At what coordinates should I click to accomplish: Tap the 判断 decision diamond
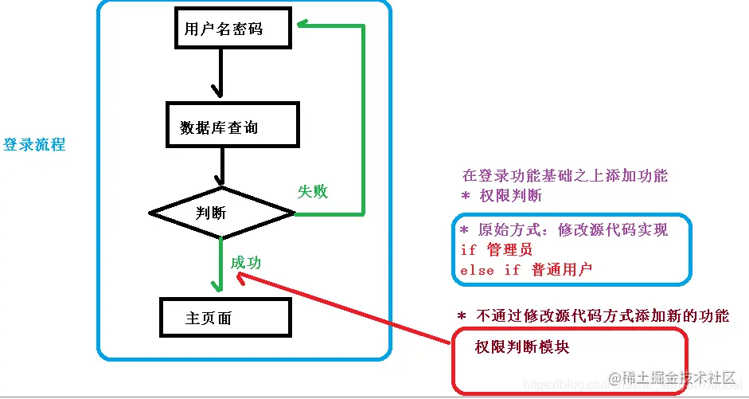coord(222,213)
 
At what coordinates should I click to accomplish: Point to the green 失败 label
coord(313,191)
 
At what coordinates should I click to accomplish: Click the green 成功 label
coord(246,263)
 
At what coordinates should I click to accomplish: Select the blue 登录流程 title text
coord(34,145)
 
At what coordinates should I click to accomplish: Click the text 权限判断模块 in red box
coord(521,347)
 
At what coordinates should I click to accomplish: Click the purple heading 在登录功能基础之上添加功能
coord(565,176)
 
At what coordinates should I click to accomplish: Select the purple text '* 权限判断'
coord(501,195)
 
